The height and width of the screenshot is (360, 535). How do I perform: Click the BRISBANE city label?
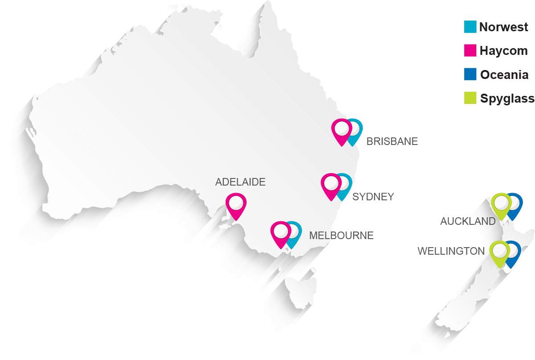(392, 142)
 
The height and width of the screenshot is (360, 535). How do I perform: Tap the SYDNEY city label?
(373, 197)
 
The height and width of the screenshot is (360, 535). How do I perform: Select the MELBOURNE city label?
(341, 236)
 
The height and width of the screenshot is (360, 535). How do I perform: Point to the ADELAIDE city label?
(240, 182)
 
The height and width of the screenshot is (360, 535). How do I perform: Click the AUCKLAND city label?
(468, 221)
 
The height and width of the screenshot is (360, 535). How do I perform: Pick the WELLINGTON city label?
(451, 252)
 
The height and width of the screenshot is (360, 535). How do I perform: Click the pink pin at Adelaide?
(236, 204)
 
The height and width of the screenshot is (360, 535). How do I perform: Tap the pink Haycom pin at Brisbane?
(342, 130)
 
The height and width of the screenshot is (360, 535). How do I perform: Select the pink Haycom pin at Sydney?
(332, 184)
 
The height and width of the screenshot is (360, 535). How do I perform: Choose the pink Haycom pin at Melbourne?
(281, 232)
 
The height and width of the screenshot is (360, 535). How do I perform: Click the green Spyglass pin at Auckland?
(501, 203)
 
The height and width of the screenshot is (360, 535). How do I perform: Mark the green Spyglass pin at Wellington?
(500, 251)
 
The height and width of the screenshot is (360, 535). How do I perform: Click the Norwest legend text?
(504, 27)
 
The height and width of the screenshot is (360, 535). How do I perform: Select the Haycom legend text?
(503, 51)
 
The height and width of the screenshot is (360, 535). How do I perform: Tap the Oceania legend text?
(504, 74)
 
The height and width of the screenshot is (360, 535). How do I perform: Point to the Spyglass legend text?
(507, 98)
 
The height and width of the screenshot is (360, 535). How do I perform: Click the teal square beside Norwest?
(470, 27)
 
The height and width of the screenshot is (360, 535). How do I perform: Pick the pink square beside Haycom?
(470, 51)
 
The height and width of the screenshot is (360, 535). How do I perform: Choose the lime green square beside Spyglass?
(470, 98)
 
